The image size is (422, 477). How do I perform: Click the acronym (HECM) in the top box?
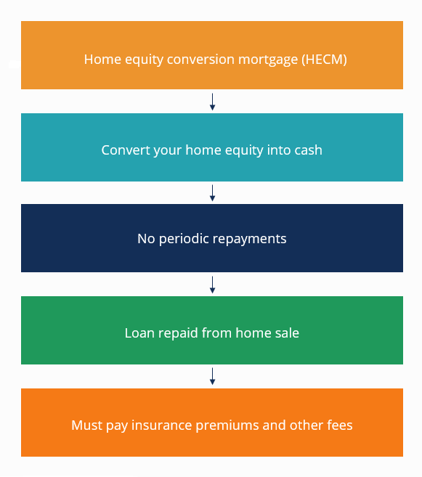pyautogui.click(x=323, y=60)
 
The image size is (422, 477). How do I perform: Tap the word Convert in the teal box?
pyautogui.click(x=124, y=150)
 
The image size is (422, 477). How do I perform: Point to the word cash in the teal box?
pyautogui.click(x=307, y=150)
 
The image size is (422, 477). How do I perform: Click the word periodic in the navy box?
pyautogui.click(x=184, y=238)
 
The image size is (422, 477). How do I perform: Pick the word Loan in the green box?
pyautogui.click(x=139, y=333)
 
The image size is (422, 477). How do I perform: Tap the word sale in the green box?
pyautogui.click(x=286, y=333)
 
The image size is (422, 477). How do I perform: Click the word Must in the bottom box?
pyautogui.click(x=86, y=425)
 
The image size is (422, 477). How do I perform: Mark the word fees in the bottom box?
pyautogui.click(x=338, y=425)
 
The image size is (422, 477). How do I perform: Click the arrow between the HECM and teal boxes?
pyautogui.click(x=212, y=102)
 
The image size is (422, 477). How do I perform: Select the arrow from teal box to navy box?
pyautogui.click(x=212, y=192)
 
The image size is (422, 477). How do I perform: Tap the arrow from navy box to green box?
pyautogui.click(x=212, y=284)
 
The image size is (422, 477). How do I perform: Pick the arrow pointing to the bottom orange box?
pyautogui.click(x=212, y=376)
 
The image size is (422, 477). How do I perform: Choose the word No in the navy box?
pyautogui.click(x=146, y=238)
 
